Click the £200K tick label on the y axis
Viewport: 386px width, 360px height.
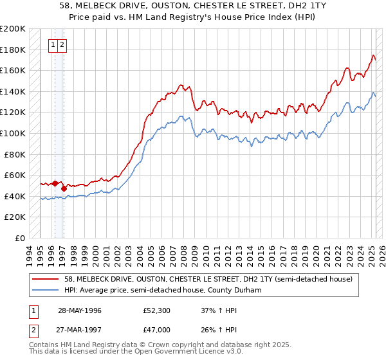pyautogui.click(x=13, y=29)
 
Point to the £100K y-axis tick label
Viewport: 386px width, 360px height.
pyautogui.click(x=13, y=133)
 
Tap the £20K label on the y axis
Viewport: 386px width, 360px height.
pyautogui.click(x=15, y=217)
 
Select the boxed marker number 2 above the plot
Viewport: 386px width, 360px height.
pyautogui.click(x=61, y=44)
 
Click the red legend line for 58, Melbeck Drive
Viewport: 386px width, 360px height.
pyautogui.click(x=46, y=280)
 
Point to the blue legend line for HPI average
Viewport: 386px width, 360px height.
pyautogui.click(x=46, y=290)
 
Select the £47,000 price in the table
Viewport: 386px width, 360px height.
pyautogui.click(x=157, y=329)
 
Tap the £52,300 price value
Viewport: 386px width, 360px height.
pyautogui.click(x=157, y=311)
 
